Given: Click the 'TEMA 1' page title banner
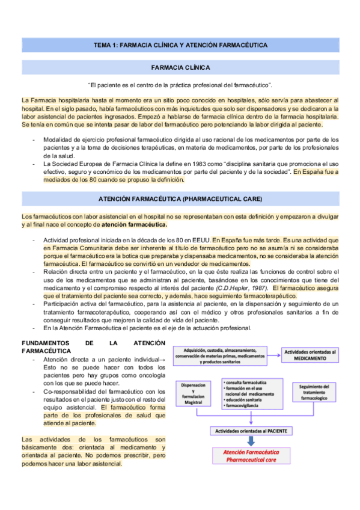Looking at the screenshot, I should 180,45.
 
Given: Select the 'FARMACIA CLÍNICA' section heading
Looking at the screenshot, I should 180,67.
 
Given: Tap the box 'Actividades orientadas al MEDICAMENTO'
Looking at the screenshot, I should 310,354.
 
